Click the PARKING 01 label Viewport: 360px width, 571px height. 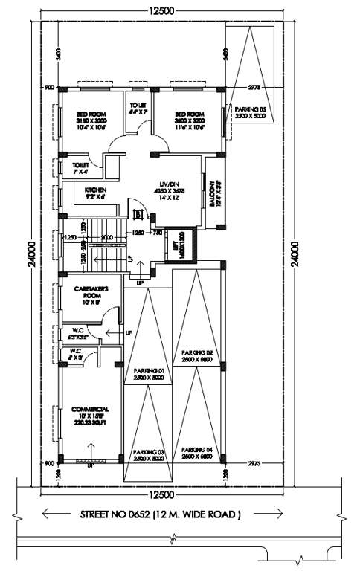coord(148,370)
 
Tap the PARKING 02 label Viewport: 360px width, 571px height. coord(199,352)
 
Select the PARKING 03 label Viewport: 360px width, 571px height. coord(148,452)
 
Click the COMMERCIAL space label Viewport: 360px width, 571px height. coord(91,409)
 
